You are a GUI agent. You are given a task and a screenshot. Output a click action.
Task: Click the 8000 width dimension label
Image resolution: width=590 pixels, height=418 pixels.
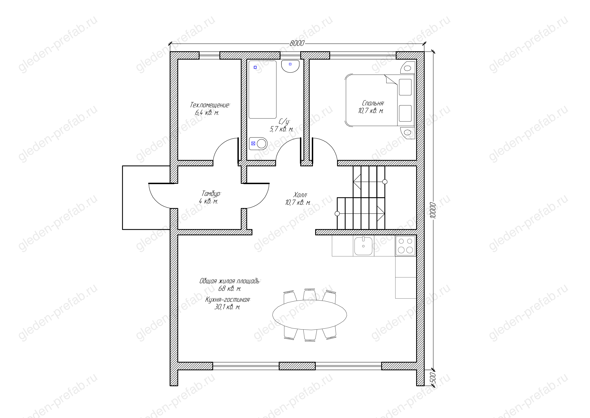297,43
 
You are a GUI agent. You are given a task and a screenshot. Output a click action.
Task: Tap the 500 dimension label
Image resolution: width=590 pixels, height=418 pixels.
433,378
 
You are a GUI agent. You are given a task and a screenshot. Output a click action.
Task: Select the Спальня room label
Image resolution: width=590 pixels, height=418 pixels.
373,103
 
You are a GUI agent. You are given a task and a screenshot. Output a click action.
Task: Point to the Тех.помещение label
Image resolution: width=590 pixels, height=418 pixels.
210,105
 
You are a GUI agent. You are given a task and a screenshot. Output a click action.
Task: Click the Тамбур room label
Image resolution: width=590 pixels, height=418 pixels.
211,194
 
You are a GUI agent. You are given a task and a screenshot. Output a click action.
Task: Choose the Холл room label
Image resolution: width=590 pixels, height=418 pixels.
300,195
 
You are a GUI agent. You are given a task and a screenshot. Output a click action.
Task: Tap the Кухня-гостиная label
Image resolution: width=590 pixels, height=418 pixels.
228,300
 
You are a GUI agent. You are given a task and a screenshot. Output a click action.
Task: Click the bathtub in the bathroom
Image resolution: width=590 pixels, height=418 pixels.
262,90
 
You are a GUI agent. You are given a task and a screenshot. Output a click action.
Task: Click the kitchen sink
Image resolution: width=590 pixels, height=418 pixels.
363,246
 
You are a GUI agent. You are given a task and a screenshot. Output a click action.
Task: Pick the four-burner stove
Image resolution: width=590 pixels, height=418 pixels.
405,246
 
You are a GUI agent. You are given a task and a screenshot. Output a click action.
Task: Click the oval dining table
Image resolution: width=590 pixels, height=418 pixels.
310,315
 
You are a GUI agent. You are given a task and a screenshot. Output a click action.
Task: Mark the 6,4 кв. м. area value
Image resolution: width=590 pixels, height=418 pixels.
207,113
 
